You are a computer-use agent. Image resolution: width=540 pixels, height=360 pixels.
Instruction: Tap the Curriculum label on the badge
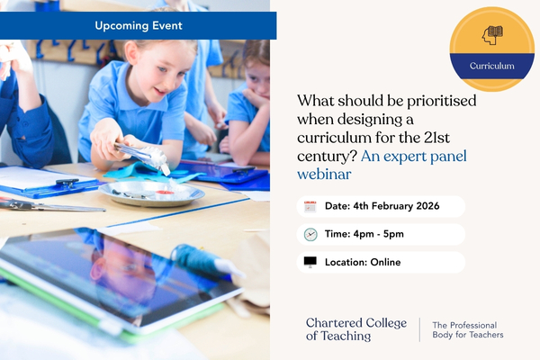(x=491, y=66)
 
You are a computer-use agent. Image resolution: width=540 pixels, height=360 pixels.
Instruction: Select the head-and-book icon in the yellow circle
(x=492, y=35)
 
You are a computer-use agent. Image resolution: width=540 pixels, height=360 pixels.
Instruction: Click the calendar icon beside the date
(x=310, y=206)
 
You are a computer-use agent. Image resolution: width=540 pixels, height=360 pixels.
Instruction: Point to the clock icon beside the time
(x=310, y=234)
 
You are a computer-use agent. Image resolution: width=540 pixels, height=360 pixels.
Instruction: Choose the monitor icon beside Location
(x=310, y=262)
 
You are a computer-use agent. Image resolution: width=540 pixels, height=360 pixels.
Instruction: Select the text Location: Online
(x=363, y=262)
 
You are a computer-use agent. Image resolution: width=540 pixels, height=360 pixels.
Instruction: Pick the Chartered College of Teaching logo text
(x=355, y=329)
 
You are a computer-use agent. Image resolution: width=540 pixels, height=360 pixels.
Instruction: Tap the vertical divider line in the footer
(x=420, y=329)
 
